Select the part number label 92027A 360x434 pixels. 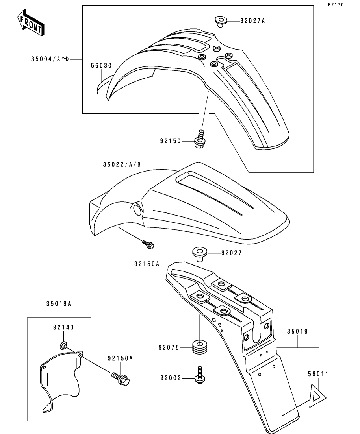click(252, 21)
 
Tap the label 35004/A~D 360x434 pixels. click(50, 59)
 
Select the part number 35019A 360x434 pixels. click(59, 303)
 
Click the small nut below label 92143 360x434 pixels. click(63, 346)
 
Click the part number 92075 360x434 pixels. click(169, 348)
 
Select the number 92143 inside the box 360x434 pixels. click(63, 327)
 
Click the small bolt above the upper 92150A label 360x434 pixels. click(149, 245)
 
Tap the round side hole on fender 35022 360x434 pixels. click(137, 211)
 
